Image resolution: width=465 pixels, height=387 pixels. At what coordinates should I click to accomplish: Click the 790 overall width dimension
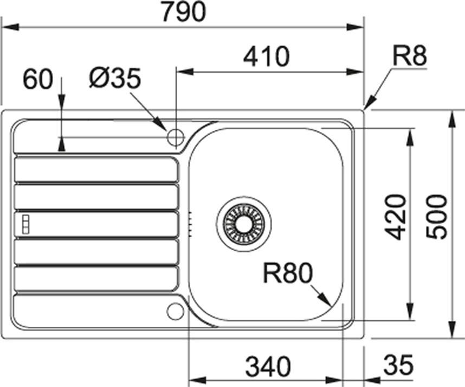click(x=184, y=11)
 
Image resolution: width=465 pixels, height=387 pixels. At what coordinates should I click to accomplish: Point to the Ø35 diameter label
click(x=115, y=78)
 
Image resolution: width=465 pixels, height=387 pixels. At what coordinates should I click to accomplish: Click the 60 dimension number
click(x=37, y=79)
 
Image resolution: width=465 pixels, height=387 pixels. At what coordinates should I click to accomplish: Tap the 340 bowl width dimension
click(x=268, y=366)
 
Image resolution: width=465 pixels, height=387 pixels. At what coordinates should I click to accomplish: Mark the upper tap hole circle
click(x=176, y=137)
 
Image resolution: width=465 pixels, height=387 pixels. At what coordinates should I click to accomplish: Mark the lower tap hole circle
click(x=176, y=311)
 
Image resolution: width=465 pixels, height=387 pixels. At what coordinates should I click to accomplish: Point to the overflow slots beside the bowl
click(x=190, y=225)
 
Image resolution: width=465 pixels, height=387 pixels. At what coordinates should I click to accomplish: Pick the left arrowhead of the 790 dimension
click(x=11, y=27)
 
